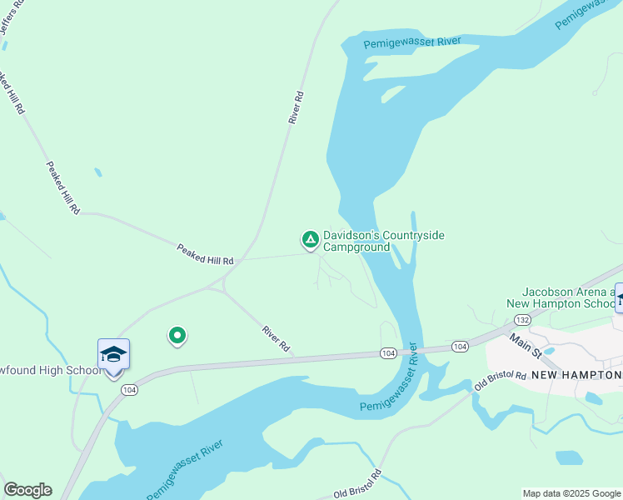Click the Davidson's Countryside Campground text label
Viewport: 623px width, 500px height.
point(383,242)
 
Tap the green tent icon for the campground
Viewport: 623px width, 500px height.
point(310,240)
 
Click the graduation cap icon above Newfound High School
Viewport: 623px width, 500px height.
point(113,355)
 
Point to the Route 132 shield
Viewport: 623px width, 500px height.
point(522,320)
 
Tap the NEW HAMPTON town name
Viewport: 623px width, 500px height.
point(576,376)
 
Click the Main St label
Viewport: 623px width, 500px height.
point(525,346)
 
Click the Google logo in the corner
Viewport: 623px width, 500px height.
point(27,490)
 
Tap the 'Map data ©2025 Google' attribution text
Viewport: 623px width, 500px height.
point(571,493)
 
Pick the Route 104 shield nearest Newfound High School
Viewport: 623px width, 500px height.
point(128,389)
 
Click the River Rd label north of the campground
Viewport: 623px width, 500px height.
point(294,108)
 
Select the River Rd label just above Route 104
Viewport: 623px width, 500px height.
point(275,337)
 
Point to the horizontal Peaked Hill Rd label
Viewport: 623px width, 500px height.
point(205,254)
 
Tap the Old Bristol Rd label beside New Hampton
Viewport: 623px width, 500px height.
point(501,382)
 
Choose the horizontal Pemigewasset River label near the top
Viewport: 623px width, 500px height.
point(412,42)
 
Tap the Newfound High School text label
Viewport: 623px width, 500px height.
point(50,371)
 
